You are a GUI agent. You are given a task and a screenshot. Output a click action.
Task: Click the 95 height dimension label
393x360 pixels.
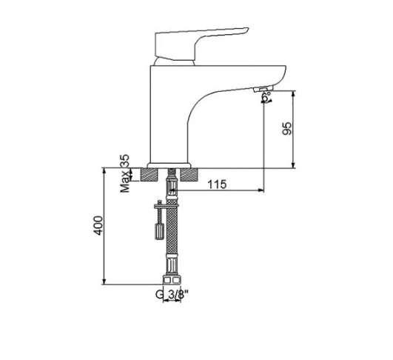point(287,128)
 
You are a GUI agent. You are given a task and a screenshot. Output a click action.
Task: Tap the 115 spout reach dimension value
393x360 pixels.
point(217,184)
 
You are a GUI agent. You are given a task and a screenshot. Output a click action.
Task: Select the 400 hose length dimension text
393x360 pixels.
point(98,225)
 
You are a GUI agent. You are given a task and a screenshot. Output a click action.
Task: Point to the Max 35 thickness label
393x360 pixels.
point(125,173)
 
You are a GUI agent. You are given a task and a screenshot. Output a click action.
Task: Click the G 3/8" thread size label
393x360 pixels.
point(172,295)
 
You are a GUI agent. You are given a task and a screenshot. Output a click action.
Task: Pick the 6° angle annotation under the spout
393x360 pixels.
point(266,97)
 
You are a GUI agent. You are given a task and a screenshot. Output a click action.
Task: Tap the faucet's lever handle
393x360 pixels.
point(198,44)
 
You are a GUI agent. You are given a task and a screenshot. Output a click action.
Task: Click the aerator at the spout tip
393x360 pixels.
point(263,89)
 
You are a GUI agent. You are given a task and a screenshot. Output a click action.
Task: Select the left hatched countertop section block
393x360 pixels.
point(150,174)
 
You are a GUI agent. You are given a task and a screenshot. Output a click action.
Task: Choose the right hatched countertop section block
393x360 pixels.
point(189,174)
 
